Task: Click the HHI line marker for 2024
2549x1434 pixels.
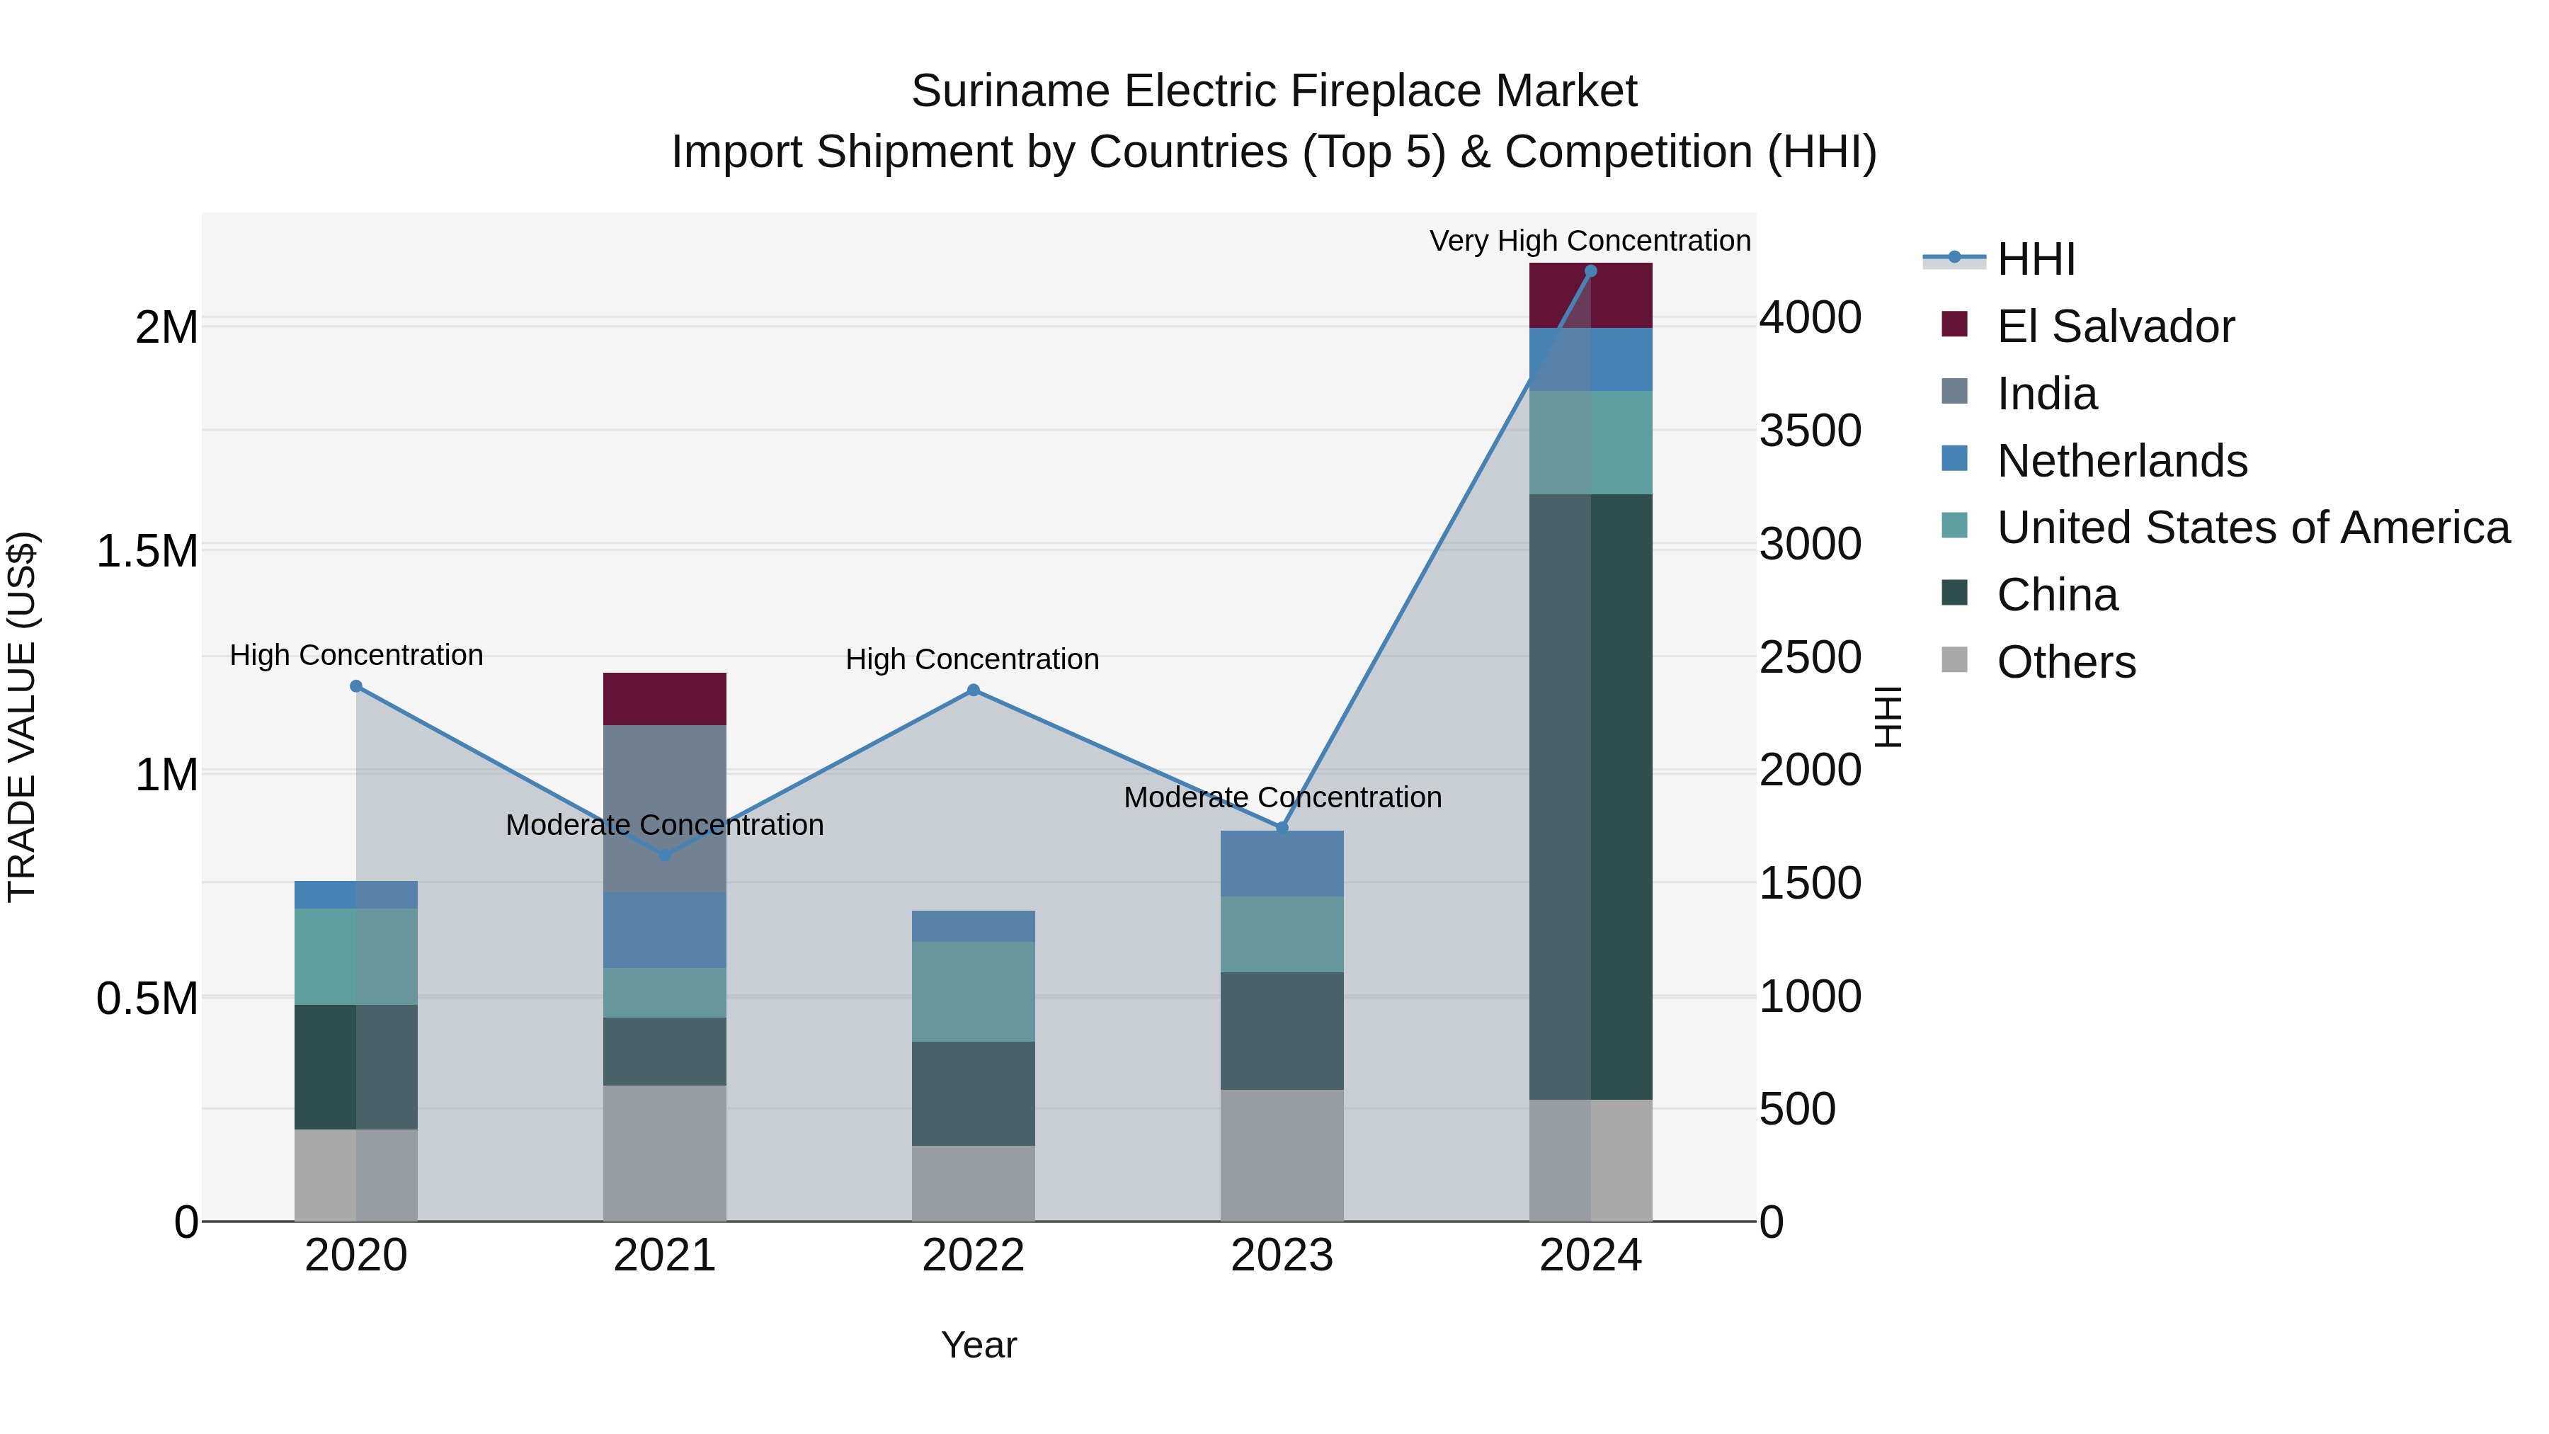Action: [x=1590, y=271]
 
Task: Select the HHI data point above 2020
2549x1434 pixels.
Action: [x=356, y=685]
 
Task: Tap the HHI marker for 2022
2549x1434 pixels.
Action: [x=973, y=690]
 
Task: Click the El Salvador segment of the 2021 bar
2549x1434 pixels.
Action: [x=664, y=699]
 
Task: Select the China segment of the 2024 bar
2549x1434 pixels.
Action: [x=1590, y=797]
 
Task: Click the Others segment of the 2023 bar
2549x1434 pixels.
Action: [x=1282, y=1155]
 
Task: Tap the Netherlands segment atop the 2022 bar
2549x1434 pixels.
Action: [x=973, y=926]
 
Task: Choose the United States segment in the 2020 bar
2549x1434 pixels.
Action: [x=356, y=956]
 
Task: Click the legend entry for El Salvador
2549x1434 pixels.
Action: [x=2114, y=326]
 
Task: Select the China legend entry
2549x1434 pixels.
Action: [x=2056, y=595]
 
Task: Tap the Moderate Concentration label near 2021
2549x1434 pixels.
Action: [x=664, y=824]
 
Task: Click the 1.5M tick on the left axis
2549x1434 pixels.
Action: [x=147, y=550]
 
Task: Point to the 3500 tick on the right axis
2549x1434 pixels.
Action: [x=1810, y=431]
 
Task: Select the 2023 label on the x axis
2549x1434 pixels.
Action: [x=1282, y=1256]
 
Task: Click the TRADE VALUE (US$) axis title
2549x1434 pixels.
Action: [x=22, y=717]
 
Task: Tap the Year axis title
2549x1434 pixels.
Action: [x=979, y=1345]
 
